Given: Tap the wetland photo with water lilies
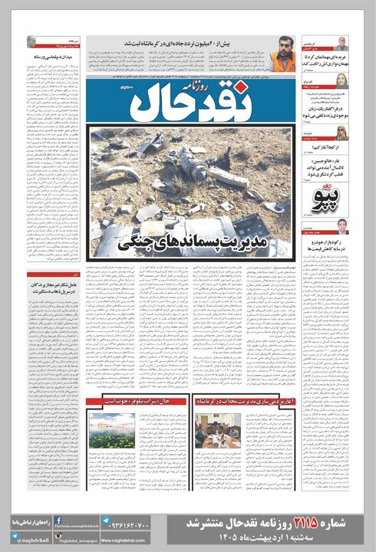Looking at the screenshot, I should pos(111,431).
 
